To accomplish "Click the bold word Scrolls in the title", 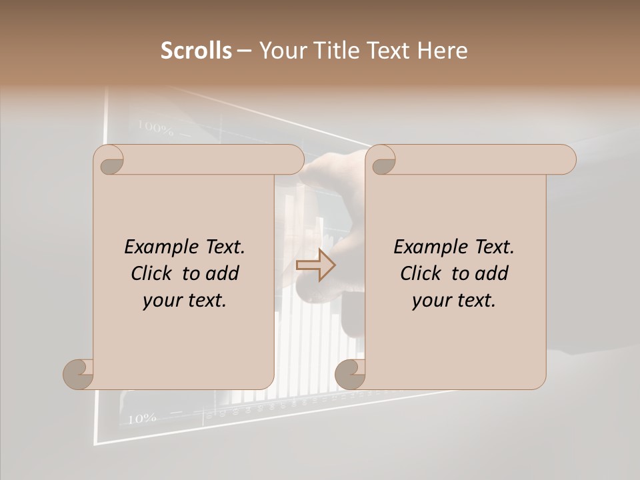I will pos(196,51).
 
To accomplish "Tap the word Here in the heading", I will pos(443,51).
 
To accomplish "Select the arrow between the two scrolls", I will pos(315,265).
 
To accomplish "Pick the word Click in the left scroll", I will pos(151,273).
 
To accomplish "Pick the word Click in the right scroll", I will pos(420,273).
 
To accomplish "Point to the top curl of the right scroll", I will pos(383,161).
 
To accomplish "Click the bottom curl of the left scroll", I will pos(79,375).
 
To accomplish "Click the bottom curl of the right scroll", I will pos(350,375).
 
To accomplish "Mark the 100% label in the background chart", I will pos(155,127).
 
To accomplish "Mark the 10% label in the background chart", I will pos(141,419).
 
